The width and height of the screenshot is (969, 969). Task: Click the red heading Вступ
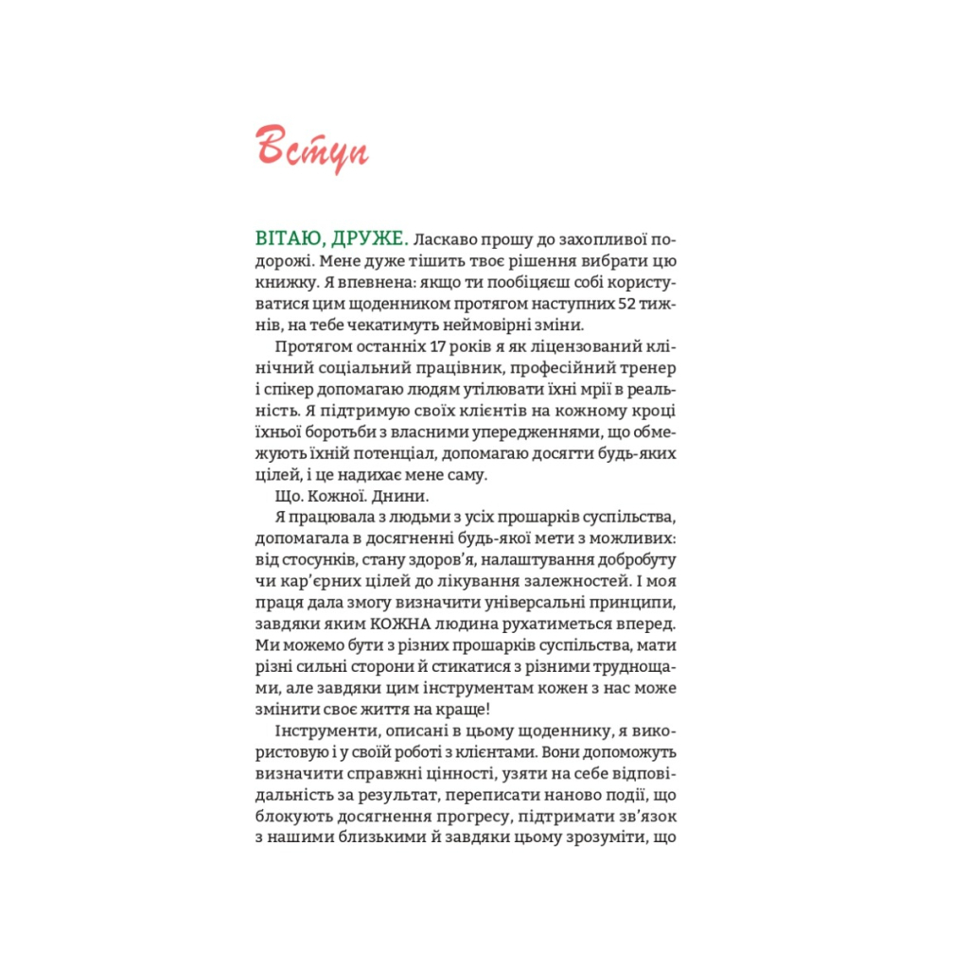(311, 148)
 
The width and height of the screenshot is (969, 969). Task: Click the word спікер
(294, 390)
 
